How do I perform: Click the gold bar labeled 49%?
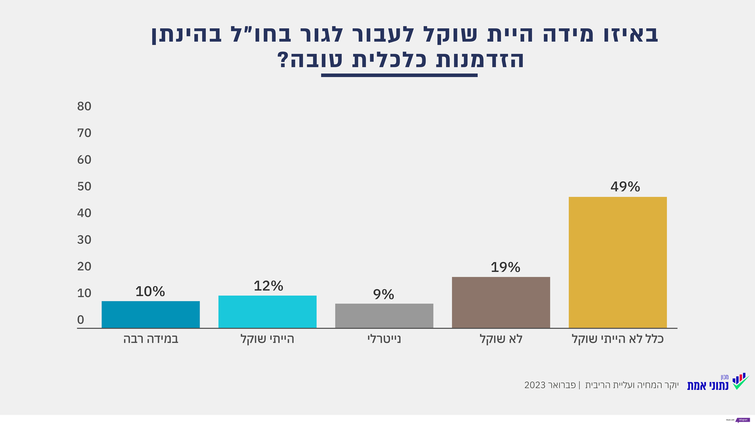tap(617, 262)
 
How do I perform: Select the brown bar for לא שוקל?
tap(500, 302)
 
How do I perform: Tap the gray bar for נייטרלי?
tap(384, 315)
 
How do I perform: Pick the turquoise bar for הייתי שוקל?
tap(267, 312)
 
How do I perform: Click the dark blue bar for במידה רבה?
tap(150, 314)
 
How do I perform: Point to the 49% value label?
tap(625, 187)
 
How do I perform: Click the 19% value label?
tap(505, 267)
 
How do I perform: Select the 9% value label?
tap(383, 294)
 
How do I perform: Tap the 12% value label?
tap(268, 286)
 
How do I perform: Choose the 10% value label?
tap(150, 292)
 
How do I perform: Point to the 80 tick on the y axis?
tap(84, 106)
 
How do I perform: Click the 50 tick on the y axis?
tap(84, 186)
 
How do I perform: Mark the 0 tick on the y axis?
tap(81, 320)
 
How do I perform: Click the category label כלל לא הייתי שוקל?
tap(617, 340)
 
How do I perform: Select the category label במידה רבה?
tap(150, 340)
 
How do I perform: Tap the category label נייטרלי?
tap(384, 340)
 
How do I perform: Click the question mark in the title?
tap(284, 60)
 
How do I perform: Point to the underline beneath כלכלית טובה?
tap(399, 75)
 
